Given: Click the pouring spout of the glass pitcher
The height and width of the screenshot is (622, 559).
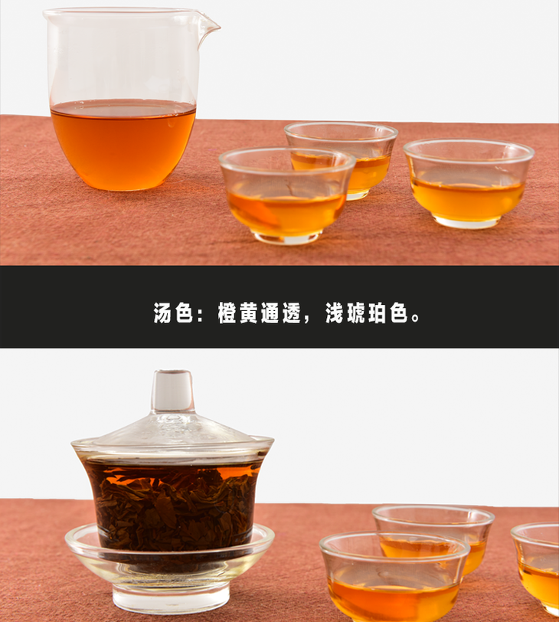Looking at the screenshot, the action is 208,27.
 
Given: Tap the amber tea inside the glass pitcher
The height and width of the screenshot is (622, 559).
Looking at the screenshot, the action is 123,145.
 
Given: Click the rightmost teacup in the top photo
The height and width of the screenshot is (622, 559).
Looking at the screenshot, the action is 469,183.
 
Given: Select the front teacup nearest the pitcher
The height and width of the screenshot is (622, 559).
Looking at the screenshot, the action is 287,195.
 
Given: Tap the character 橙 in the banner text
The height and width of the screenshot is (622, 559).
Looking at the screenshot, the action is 228,313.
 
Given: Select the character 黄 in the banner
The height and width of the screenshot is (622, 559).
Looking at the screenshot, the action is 250,313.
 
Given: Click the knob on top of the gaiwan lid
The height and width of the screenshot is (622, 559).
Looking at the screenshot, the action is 172,391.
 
